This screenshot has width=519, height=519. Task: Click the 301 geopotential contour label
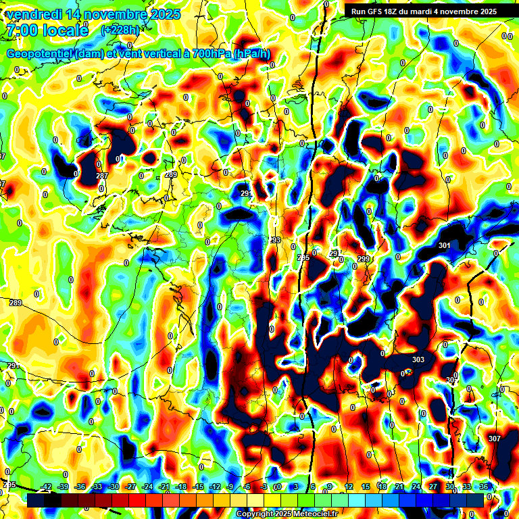444,245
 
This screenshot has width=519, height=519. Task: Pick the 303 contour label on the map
418,360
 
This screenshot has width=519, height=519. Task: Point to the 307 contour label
494,439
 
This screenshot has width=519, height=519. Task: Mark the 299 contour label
364,259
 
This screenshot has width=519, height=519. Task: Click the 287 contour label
102,176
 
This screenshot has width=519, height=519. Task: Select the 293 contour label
275,241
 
